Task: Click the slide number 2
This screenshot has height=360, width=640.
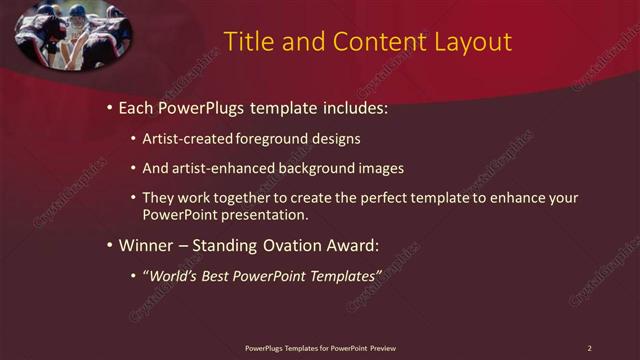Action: (x=589, y=348)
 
